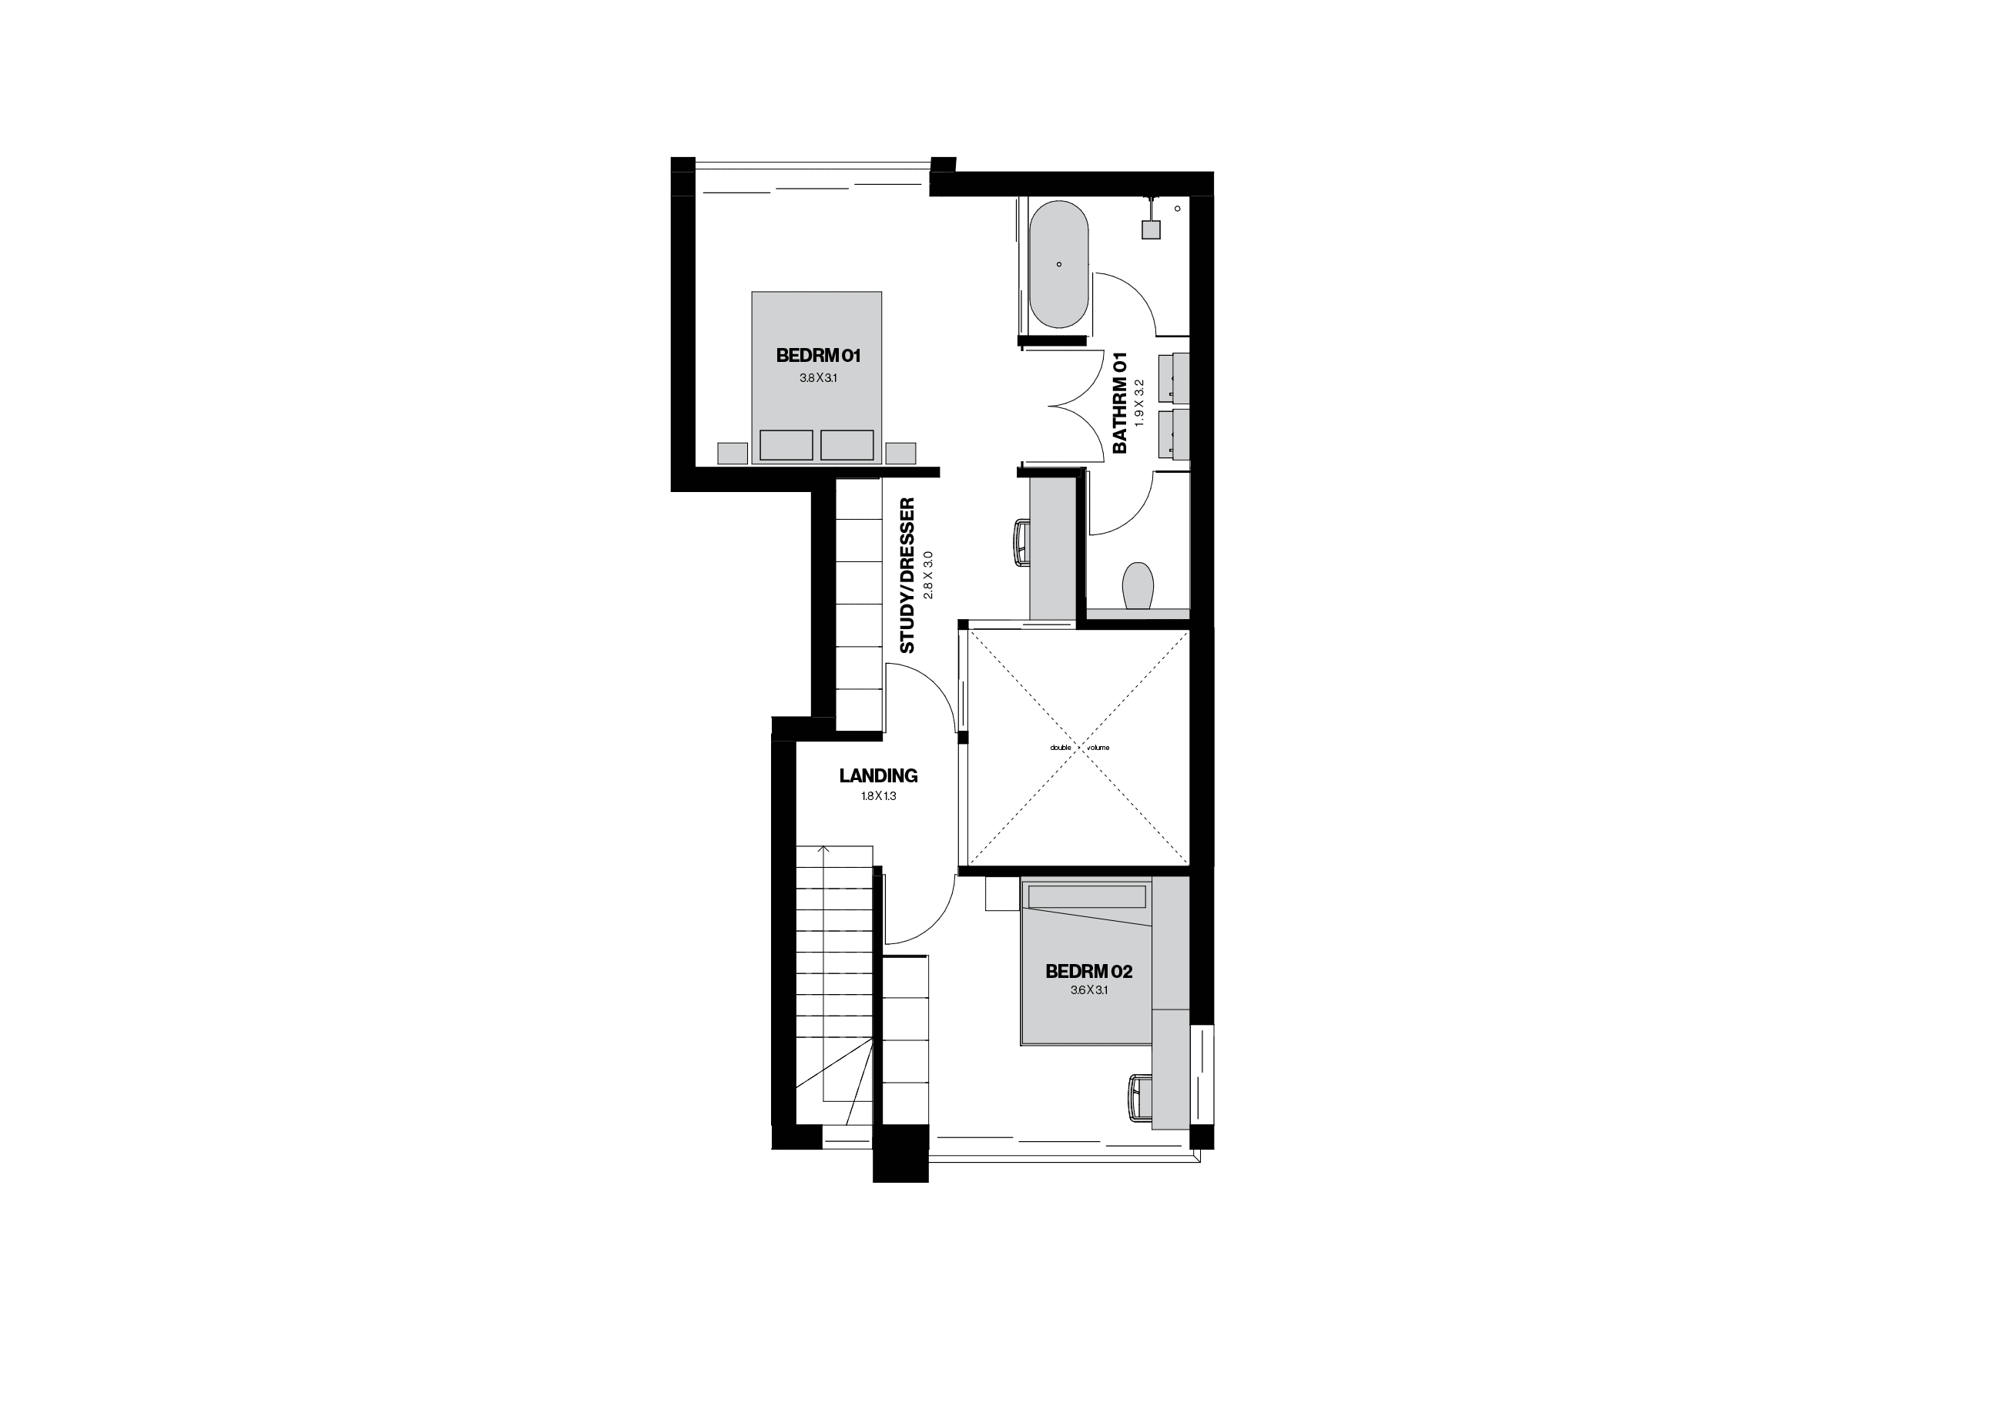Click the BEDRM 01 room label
(818, 356)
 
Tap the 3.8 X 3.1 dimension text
(818, 379)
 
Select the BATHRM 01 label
(1119, 403)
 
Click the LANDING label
(877, 775)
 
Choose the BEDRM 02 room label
(1088, 972)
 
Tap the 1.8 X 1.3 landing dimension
(878, 796)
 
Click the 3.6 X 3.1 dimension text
(1088, 991)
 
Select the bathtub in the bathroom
(1059, 264)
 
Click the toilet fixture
(1138, 585)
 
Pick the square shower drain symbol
(1150, 229)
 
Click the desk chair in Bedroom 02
(1138, 1098)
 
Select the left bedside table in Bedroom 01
(733, 453)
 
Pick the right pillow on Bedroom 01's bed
(847, 445)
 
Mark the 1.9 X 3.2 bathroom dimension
(1139, 403)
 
